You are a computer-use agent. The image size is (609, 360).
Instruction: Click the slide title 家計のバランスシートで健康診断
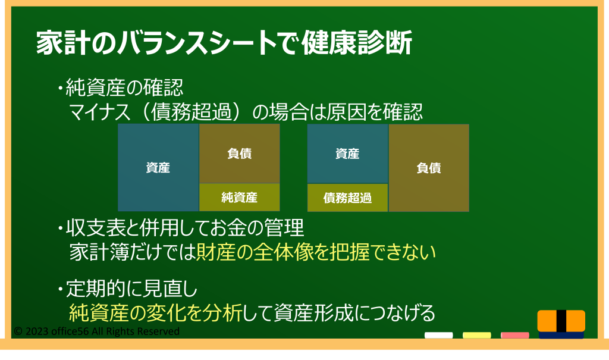[224, 42]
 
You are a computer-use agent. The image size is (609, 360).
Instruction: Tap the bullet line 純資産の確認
[120, 87]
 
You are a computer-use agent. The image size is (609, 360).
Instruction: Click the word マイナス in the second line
[100, 112]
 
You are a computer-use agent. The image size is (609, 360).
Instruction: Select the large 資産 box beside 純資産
[158, 168]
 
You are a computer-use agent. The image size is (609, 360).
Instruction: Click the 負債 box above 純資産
[239, 154]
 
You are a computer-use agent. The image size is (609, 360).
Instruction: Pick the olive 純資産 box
[239, 198]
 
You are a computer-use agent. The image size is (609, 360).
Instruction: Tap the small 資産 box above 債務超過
[347, 154]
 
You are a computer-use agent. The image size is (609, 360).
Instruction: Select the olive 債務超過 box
[347, 198]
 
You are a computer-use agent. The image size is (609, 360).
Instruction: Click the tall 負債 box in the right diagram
[429, 168]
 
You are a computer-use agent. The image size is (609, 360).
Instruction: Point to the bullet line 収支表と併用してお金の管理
[181, 228]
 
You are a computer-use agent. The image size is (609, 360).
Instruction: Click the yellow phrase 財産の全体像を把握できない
[316, 252]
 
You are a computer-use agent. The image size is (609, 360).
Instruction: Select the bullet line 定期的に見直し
[127, 289]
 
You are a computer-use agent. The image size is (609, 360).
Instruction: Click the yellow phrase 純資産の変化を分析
[155, 313]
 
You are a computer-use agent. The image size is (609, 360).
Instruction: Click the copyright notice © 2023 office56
[97, 331]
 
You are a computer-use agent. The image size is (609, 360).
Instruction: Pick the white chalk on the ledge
[438, 335]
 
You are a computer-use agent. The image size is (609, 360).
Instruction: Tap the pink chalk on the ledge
[515, 335]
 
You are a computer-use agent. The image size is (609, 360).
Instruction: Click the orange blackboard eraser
[561, 324]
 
